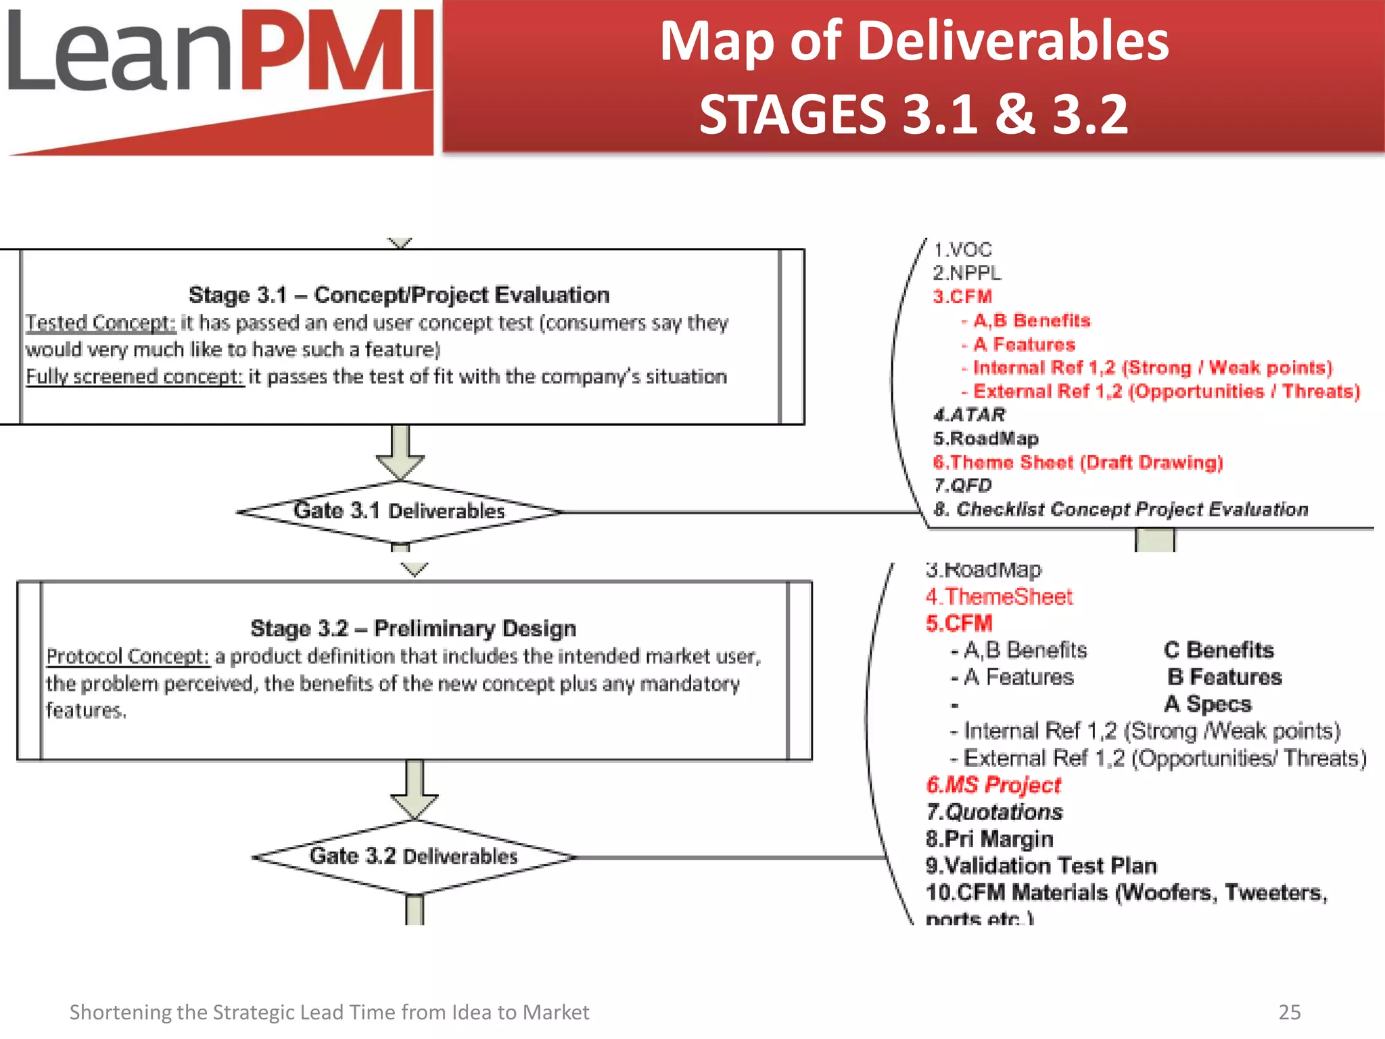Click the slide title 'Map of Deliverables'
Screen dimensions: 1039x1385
[914, 42]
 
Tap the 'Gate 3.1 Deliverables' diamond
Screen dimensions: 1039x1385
[399, 511]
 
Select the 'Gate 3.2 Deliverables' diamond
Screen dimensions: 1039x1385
[413, 856]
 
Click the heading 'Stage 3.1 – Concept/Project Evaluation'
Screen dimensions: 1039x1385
[399, 296]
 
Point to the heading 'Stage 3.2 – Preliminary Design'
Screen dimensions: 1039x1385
[413, 628]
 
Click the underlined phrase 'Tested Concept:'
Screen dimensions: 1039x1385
[101, 323]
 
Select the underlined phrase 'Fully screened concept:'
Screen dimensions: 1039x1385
[134, 377]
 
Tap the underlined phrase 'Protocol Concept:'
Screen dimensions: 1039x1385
[128, 657]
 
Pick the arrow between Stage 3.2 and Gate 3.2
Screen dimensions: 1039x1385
[415, 789]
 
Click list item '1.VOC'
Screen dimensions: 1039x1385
[962, 250]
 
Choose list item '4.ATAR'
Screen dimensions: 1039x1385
[969, 415]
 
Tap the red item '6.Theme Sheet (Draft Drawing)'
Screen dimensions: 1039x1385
[1078, 463]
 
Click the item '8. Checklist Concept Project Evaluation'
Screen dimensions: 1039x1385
[1121, 509]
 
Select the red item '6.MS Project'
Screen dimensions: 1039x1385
[993, 785]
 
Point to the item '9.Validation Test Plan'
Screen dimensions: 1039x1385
[1041, 866]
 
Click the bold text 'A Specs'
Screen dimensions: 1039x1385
[1208, 704]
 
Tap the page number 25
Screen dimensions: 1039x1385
[1289, 1012]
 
